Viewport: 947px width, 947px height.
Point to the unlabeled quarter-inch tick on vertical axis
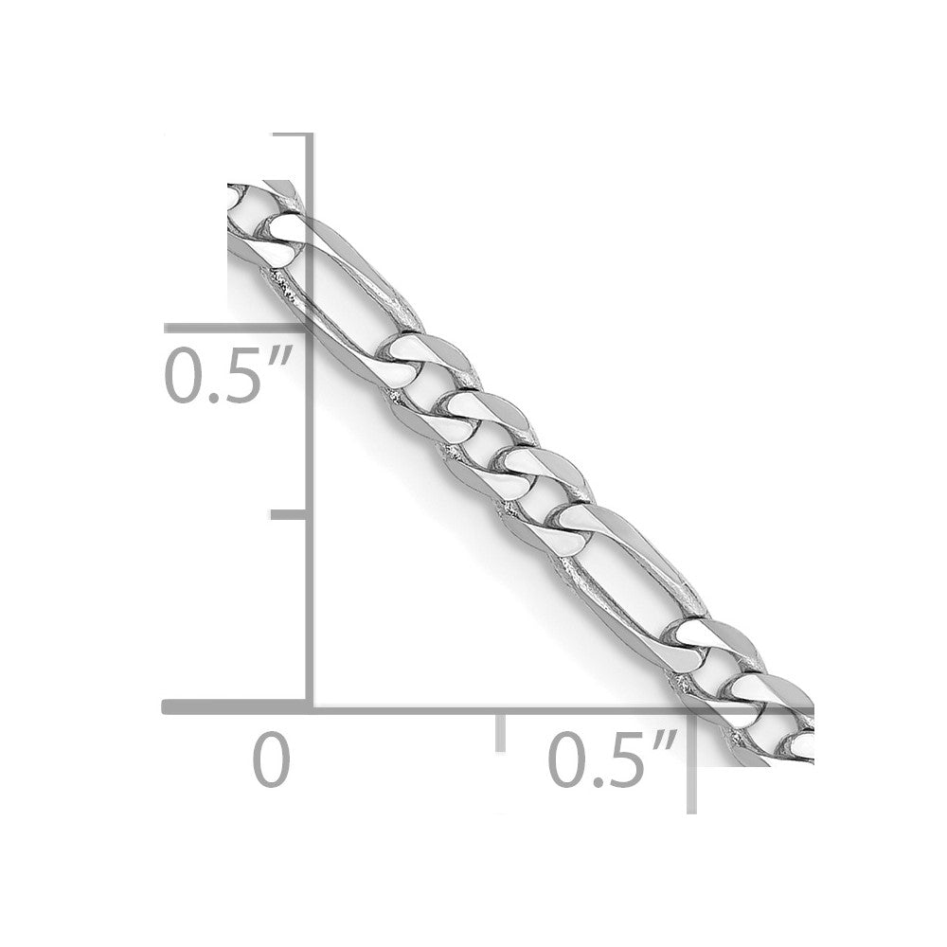coord(287,514)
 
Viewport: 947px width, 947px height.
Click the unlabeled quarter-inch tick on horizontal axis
coord(499,731)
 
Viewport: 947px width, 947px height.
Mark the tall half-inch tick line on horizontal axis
coord(693,758)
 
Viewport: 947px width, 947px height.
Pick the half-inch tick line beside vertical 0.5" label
coord(237,328)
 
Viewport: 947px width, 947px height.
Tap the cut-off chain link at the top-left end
coord(254,204)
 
